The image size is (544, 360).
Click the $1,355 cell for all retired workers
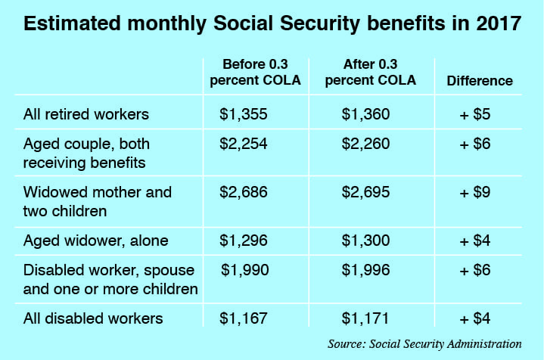(244, 114)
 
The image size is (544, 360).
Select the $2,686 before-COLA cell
(244, 192)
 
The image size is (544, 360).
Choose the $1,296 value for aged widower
(244, 241)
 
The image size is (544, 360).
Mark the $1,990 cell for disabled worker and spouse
(246, 271)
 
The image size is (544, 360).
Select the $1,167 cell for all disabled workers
(244, 318)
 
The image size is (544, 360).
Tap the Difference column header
(479, 81)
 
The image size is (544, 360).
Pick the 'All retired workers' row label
(85, 115)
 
